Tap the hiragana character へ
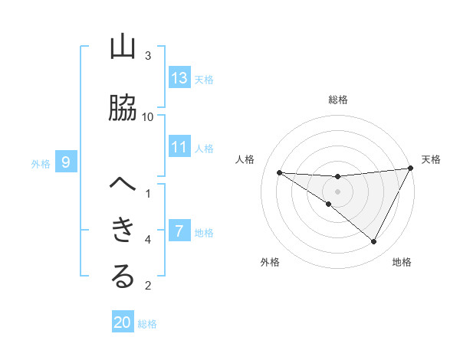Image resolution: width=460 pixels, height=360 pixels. pos(123,185)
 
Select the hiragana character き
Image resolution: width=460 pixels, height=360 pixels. pos(123,230)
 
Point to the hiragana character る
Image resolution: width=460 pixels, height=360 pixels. pos(123,277)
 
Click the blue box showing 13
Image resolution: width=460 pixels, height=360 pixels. pos(179,78)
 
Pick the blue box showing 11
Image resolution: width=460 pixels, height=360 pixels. pos(179,147)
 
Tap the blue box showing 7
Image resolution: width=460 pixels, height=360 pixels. pos(179,231)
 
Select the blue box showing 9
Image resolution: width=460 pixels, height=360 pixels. pos(66,162)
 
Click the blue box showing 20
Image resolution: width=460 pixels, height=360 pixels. pos(123,322)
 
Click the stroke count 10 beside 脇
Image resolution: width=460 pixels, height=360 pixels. pos(149,116)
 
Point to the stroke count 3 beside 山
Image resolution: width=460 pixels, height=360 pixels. pos(149,56)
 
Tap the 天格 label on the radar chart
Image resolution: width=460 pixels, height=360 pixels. pos(432,159)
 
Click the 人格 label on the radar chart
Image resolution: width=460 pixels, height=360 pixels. pos(245,159)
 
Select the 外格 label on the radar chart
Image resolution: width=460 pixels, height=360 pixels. pos(269,262)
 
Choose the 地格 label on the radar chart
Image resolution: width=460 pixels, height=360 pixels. pos(402,262)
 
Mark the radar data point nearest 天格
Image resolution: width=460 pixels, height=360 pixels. pos(411,169)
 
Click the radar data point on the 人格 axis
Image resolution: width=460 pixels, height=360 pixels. pos(279,172)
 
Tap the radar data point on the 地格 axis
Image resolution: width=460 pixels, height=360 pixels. pos(374,242)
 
